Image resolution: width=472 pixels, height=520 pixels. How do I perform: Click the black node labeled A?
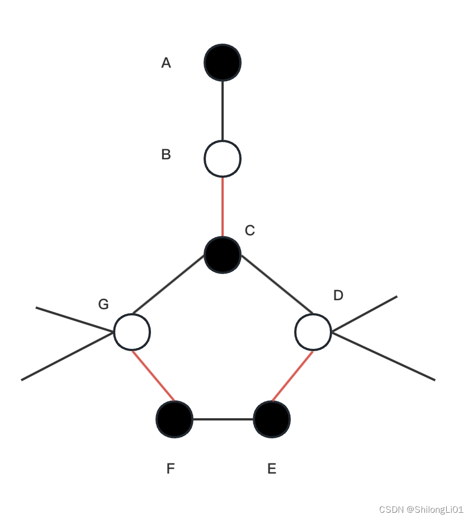223,62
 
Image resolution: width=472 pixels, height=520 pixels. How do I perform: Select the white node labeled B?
223,158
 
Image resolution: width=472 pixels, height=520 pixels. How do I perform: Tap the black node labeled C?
223,254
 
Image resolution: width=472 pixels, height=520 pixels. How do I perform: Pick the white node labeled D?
313,332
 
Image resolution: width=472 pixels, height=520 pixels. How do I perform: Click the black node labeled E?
272,419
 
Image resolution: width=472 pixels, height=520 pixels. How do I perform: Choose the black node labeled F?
174,419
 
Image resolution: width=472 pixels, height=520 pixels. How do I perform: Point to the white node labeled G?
132,332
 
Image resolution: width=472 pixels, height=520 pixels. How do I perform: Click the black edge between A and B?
223,110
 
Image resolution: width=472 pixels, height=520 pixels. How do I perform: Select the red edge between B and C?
223,206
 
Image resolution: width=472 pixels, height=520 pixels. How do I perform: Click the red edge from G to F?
153,376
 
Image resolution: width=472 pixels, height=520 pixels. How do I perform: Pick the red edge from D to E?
292,376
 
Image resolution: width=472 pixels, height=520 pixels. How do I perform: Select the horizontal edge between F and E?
223,419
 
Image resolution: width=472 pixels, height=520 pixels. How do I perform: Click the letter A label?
166,63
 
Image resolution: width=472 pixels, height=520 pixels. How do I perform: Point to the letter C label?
250,230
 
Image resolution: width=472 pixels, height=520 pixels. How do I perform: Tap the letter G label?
103,304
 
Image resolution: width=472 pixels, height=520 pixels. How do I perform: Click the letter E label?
272,469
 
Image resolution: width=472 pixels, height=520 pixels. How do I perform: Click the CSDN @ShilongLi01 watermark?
421,509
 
